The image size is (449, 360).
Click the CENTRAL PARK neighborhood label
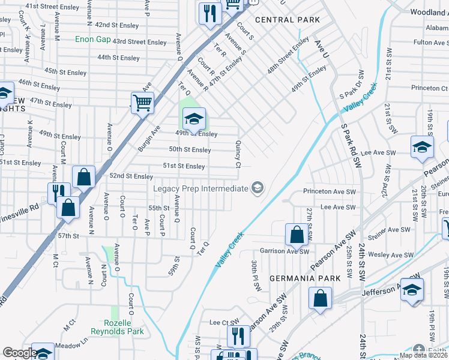tap(288, 20)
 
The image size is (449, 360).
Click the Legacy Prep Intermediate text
tap(200, 188)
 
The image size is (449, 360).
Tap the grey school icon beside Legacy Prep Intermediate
tap(258, 188)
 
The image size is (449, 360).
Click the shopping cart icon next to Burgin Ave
tap(143, 103)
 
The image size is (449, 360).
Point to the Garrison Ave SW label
tap(285, 251)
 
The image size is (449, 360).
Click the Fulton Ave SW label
tap(430, 43)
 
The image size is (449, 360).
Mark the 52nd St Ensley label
tap(131, 176)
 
